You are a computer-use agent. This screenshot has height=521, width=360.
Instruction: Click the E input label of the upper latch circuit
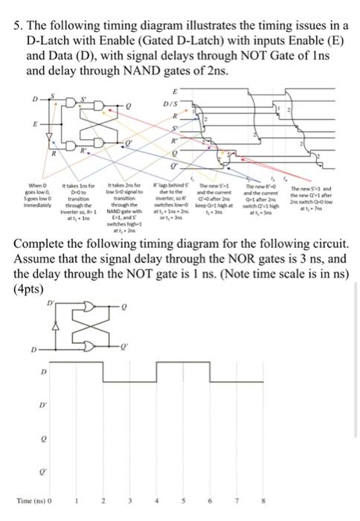click(28, 127)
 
